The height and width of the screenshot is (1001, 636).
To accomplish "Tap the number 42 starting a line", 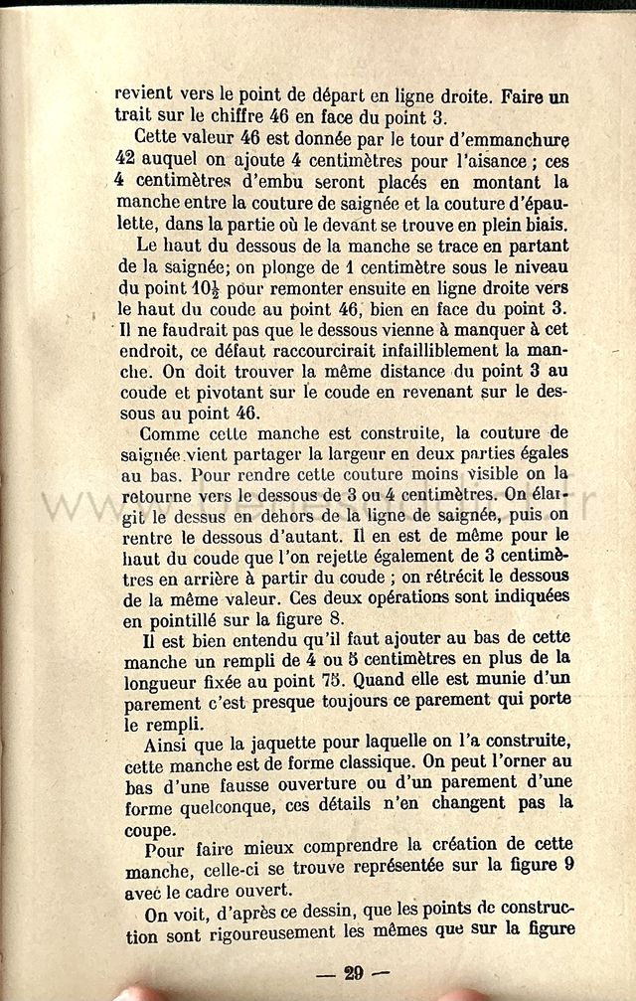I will pyautogui.click(x=125, y=160).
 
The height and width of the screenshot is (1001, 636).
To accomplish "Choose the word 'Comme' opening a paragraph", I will pyautogui.click(x=168, y=434).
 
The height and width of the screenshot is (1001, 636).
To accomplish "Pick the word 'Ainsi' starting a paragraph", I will pyautogui.click(x=163, y=748).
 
